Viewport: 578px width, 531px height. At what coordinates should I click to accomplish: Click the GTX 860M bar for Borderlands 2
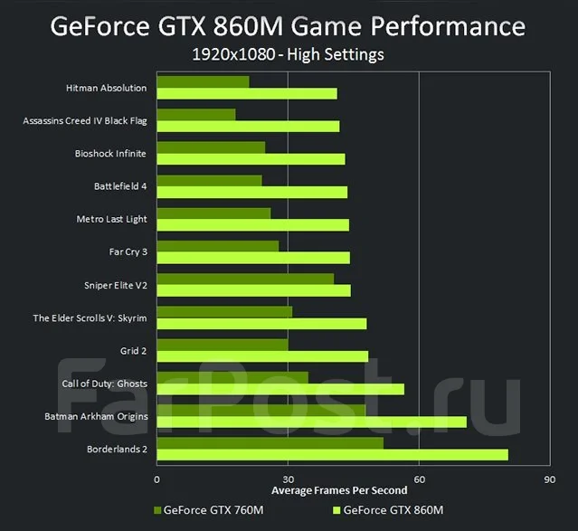333,455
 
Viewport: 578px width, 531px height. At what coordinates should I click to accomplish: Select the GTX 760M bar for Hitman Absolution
204,81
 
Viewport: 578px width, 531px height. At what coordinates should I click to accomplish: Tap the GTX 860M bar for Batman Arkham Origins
312,422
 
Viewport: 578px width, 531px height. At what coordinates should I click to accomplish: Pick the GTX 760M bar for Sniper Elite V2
245,279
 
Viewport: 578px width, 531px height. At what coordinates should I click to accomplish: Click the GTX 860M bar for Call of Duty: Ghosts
280,389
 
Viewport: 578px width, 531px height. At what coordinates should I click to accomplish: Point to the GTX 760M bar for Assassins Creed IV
196,115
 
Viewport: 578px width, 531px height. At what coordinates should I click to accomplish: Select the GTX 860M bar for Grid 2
262,356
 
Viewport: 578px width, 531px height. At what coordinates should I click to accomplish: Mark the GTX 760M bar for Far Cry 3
218,246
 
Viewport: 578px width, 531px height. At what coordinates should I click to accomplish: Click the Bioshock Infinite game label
110,154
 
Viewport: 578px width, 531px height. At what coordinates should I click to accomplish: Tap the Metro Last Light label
111,220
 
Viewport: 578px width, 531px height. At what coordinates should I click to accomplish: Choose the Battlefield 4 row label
120,186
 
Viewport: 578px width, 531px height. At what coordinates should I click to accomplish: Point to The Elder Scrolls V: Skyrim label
90,318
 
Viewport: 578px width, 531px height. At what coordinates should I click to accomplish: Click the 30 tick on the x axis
289,479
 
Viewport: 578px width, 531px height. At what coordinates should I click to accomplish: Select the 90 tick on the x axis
550,479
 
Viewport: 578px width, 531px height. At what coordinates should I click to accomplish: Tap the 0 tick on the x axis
157,479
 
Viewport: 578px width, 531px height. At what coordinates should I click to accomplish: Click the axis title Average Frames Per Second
339,490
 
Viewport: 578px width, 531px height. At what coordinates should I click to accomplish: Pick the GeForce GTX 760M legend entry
209,510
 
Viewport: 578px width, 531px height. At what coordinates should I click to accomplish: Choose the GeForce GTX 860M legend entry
388,510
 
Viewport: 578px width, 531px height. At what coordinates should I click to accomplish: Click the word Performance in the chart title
448,26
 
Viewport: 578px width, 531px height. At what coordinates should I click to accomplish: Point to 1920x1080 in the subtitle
233,54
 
